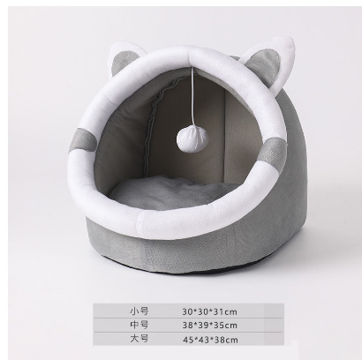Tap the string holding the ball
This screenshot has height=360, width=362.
tap(192, 95)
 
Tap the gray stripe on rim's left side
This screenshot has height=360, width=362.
tap(83, 141)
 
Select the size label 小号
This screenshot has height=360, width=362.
tap(140, 311)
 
